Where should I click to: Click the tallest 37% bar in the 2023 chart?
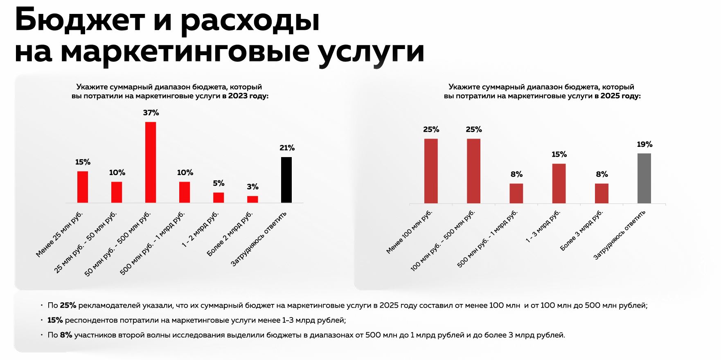click(151, 162)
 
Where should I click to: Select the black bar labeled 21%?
click(286, 180)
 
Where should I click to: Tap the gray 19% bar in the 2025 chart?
click(644, 178)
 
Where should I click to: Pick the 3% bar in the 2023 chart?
click(252, 199)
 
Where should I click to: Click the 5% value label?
click(219, 183)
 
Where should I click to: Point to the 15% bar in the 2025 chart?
click(559, 183)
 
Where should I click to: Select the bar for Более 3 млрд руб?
click(602, 193)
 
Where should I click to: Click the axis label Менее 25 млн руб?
click(59, 234)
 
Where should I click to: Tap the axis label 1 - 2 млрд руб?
click(200, 229)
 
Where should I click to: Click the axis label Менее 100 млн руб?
click(409, 232)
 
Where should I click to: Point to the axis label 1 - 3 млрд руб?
click(543, 227)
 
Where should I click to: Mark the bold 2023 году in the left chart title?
click(248, 96)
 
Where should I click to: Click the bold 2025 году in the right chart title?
click(620, 96)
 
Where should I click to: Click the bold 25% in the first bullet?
click(68, 305)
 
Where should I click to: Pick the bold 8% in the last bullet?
click(66, 335)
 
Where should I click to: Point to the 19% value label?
click(644, 144)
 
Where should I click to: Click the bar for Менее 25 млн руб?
click(83, 187)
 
